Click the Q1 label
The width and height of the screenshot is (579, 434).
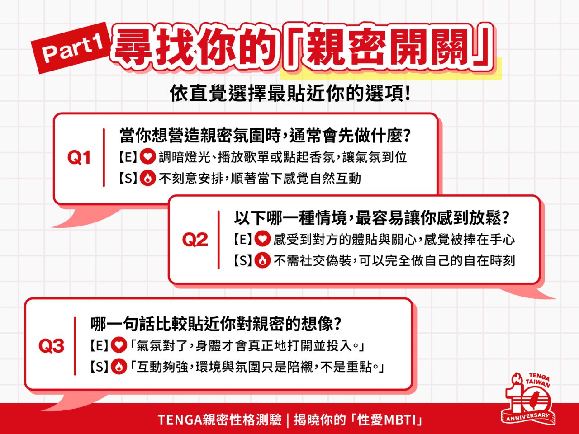click(79, 157)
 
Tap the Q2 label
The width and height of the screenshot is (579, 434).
click(195, 240)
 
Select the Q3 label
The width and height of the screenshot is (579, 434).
click(52, 346)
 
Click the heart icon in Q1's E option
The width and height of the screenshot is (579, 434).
click(147, 157)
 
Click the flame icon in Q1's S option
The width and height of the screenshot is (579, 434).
click(147, 178)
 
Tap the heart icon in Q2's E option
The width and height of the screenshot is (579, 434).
click(262, 239)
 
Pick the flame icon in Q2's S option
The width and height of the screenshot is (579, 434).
click(262, 260)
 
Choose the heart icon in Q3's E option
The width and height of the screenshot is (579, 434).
click(119, 346)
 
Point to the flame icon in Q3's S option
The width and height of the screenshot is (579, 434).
click(119, 367)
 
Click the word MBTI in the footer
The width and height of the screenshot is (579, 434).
click(400, 420)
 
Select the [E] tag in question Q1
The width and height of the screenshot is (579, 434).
click(128, 157)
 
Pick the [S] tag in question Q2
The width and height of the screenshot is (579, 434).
click(242, 260)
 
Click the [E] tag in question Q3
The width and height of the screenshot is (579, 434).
click(99, 346)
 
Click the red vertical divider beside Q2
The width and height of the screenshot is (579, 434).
click(218, 240)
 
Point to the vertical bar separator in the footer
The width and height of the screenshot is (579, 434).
click(287, 420)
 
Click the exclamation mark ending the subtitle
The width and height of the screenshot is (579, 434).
click(408, 94)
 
